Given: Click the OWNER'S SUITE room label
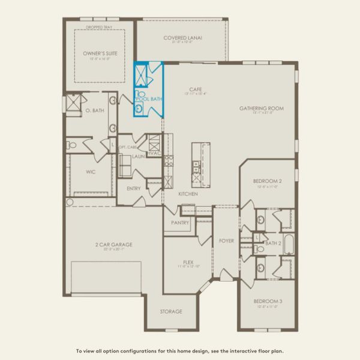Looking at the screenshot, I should click(100, 53).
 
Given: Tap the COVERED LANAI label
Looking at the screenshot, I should click(182, 38).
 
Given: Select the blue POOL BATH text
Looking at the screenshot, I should click(149, 98).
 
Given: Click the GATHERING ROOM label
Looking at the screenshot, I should click(261, 109).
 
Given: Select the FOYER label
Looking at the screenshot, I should click(226, 241).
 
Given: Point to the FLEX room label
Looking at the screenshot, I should click(188, 262).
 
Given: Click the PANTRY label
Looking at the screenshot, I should click(180, 223).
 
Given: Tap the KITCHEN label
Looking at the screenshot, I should click(188, 194).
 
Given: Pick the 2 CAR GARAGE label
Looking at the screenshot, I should click(113, 244).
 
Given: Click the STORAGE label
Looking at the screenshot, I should click(170, 312).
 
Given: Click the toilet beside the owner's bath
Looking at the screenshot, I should click(72, 145).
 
